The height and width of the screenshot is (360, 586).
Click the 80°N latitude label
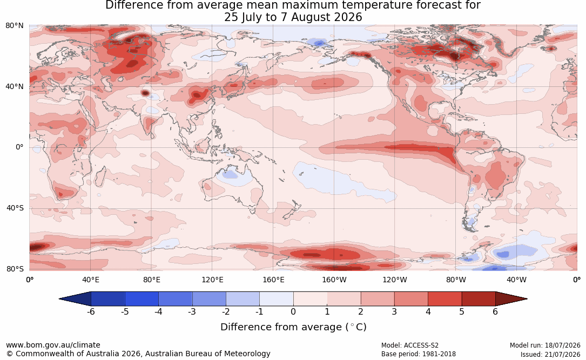coord(14,26)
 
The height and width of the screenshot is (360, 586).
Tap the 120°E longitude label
coord(212,280)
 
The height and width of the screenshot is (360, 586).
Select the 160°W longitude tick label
coord(334,280)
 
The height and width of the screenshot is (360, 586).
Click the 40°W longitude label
coord(517,280)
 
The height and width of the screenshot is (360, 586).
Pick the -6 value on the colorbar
coord(91,311)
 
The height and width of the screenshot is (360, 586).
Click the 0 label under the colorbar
coord(293,311)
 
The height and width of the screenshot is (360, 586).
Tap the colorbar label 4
coord(428,311)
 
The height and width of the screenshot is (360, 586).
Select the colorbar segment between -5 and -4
coord(142,299)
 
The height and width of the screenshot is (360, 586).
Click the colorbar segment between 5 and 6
coord(479,299)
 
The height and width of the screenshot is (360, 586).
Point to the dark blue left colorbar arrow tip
coord(59,299)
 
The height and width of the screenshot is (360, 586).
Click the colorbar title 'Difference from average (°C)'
coord(293,327)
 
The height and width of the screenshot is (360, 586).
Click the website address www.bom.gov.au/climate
coord(53,345)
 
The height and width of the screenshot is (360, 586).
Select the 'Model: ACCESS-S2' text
coord(410,345)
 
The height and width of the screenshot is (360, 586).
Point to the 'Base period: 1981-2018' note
coord(419,354)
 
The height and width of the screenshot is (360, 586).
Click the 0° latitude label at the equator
coord(19,147)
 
